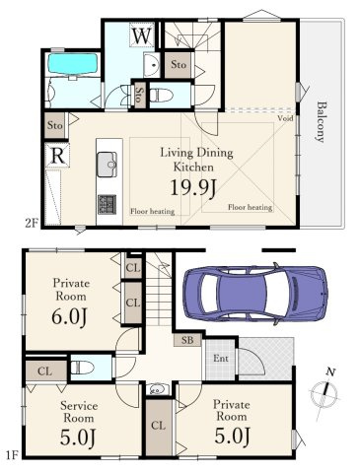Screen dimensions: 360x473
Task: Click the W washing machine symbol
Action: [x=142, y=34]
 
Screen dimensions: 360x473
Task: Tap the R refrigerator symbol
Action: [x=57, y=156]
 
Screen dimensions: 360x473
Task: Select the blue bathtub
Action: [x=73, y=63]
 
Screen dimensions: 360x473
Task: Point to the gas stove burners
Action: [x=107, y=205]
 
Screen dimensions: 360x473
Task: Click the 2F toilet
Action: [x=162, y=96]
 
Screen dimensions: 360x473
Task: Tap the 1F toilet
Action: [x=82, y=368]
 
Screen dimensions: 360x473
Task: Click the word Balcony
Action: [x=320, y=122]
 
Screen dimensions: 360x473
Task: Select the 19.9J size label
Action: [x=193, y=188]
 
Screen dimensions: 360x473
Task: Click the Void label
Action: [x=285, y=118]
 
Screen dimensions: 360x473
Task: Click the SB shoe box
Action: [x=187, y=340]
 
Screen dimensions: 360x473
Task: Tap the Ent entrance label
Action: [x=221, y=358]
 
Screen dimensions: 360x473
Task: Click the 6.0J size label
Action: [x=69, y=316]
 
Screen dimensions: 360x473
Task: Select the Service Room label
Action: [x=79, y=412]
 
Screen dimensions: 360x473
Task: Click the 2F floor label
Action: [x=32, y=223]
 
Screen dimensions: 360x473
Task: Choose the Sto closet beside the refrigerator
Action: [x=55, y=125]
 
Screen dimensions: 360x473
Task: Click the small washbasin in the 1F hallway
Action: [x=159, y=390]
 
